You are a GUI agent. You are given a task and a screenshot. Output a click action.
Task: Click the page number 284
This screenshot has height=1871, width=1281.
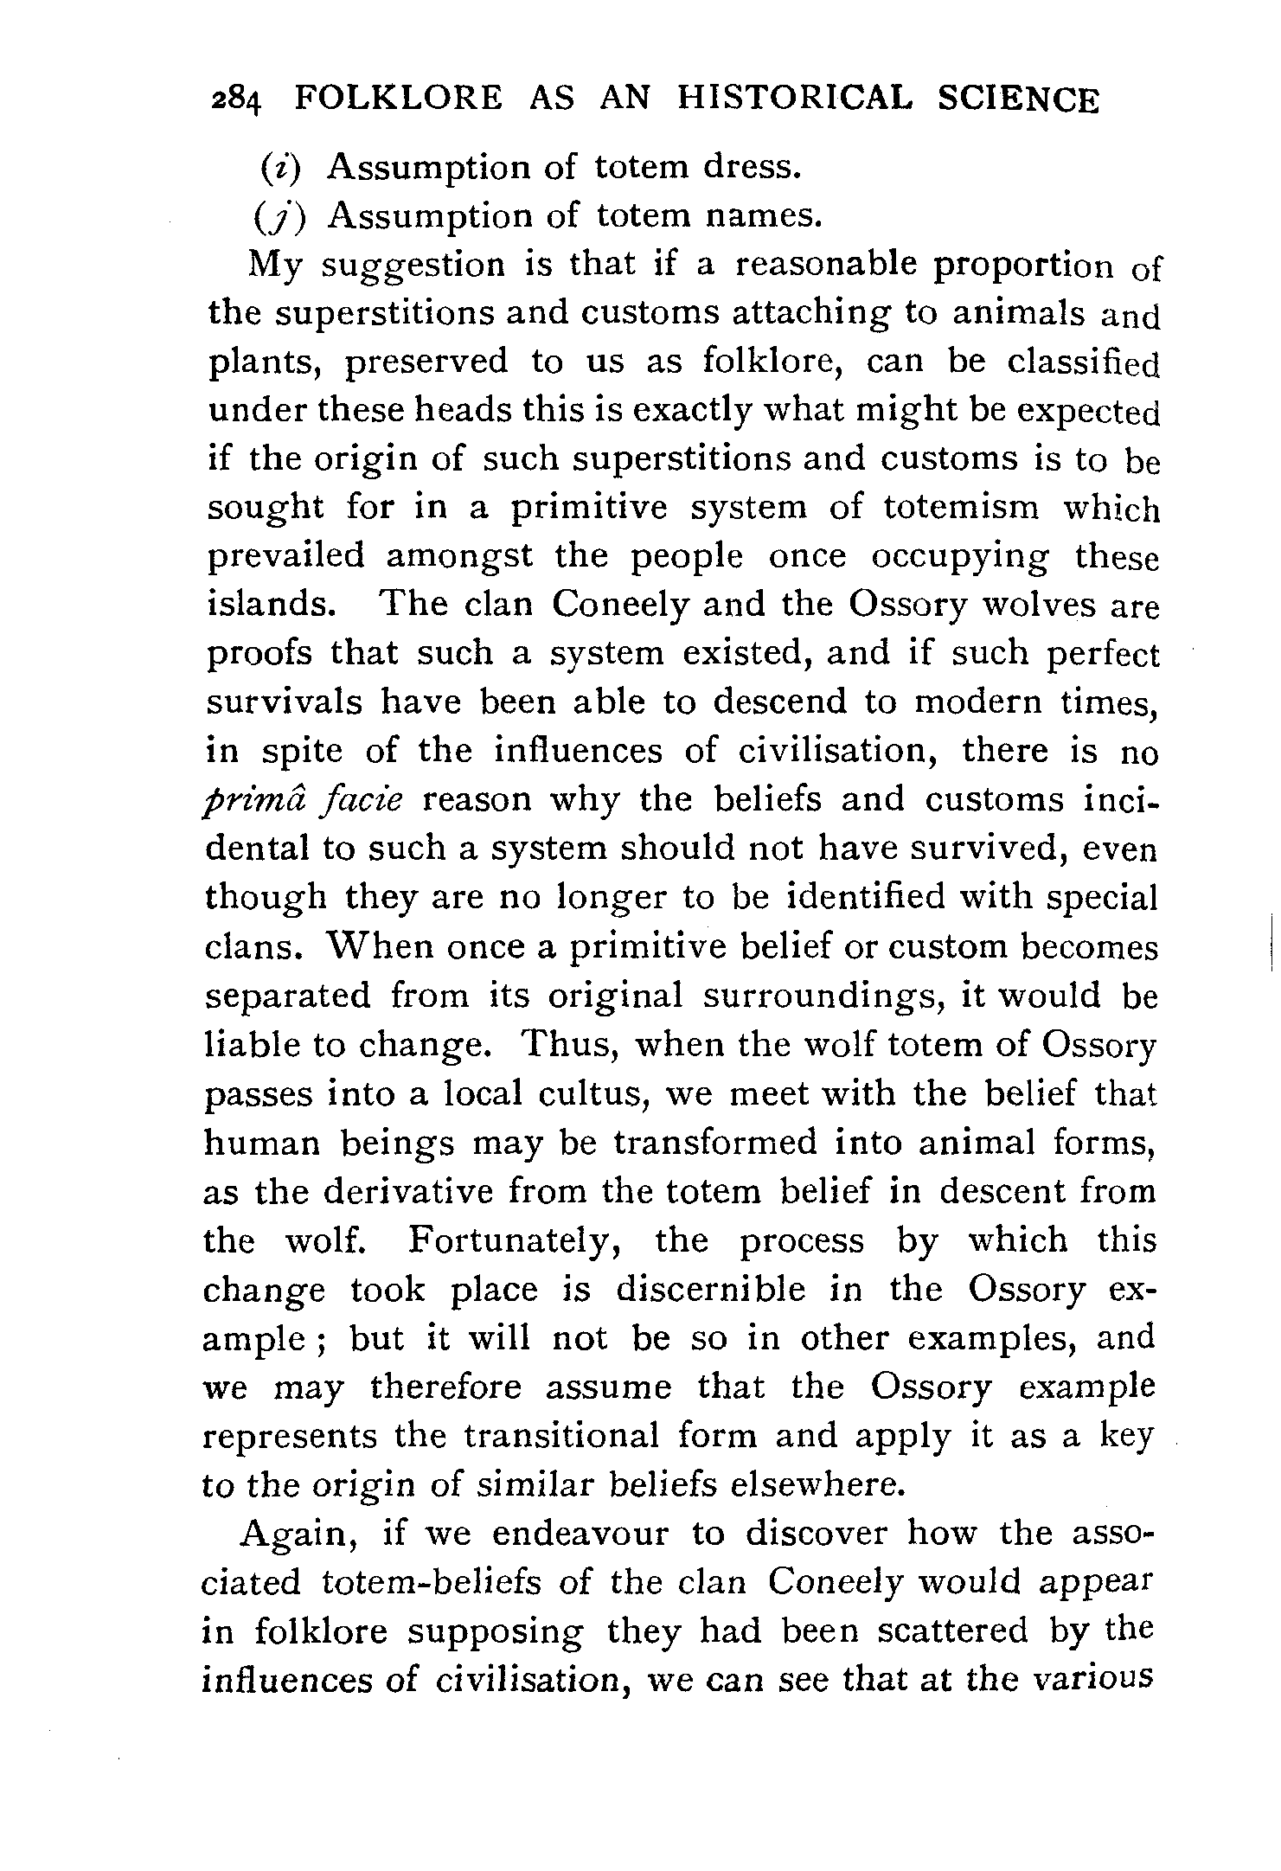tap(234, 100)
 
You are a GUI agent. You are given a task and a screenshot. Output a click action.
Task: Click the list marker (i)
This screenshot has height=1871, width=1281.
tap(282, 166)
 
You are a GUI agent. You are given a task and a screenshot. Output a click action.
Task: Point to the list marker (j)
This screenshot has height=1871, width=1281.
tap(282, 216)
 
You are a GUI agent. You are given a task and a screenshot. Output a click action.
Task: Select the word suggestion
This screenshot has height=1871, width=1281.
tap(413, 265)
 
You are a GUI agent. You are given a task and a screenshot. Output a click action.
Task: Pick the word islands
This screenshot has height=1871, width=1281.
tap(271, 604)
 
